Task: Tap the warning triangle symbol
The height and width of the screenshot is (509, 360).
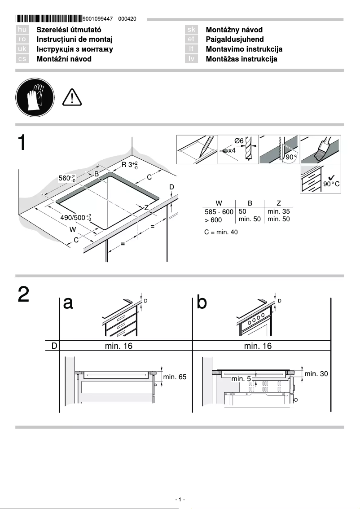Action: click(72, 97)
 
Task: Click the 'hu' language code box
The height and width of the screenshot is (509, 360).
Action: click(22, 30)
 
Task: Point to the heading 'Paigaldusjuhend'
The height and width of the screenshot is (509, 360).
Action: click(234, 39)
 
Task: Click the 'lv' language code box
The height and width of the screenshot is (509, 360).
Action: click(191, 59)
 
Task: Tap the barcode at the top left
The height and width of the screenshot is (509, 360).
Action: click(49, 19)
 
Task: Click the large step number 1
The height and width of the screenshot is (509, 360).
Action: click(24, 142)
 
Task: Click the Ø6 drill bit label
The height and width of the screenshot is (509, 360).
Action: click(239, 141)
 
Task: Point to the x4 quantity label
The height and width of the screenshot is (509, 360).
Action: click(232, 151)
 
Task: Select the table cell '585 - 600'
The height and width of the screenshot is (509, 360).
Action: click(219, 212)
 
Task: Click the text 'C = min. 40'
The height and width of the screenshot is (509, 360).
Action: click(221, 232)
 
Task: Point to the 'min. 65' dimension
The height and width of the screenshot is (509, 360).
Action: click(175, 377)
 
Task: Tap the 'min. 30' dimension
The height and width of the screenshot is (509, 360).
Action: click(316, 373)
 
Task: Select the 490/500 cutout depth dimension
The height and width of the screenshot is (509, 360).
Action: click(75, 218)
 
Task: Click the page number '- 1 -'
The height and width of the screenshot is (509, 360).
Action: click(180, 500)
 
